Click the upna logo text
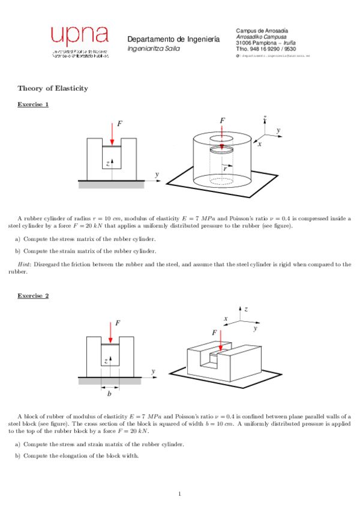tap(79, 35)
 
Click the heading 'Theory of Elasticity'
tap(53, 88)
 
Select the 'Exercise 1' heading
tap(33, 105)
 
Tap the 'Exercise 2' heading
tap(33, 296)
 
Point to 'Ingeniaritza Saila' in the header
tap(153, 48)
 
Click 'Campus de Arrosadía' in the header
tap(262, 30)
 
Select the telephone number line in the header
tap(266, 49)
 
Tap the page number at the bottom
tap(179, 494)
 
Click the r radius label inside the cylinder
tap(224, 169)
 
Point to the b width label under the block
tap(109, 394)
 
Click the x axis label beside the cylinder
tap(260, 145)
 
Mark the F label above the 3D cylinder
tap(223, 121)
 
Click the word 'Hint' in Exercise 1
tap(23, 264)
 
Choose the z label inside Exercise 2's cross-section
tap(106, 361)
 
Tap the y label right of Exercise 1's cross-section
tap(157, 174)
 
